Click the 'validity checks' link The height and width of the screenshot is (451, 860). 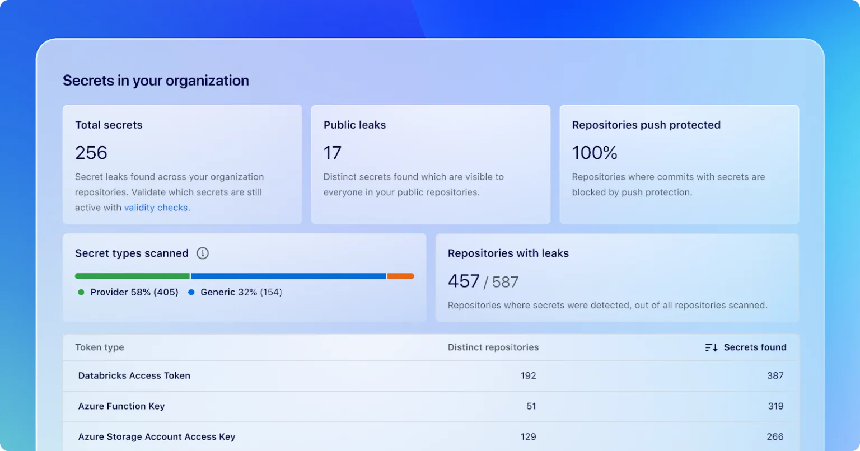156,208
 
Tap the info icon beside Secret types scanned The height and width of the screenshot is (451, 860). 203,253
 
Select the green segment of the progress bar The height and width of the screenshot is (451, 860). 132,276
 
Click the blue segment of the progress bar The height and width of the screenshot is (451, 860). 288,276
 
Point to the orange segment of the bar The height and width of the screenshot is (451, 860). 400,276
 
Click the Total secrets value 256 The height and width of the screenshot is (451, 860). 91,153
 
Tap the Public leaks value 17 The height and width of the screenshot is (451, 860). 333,153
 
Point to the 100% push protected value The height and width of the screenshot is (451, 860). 595,153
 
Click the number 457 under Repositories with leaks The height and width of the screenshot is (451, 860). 464,281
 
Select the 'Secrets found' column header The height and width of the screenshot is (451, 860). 755,347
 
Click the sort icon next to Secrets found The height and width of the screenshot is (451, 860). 711,347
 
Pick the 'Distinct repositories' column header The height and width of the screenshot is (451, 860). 493,347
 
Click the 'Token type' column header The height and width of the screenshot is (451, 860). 100,347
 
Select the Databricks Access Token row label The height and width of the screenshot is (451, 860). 134,376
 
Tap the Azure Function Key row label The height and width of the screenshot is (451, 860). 121,406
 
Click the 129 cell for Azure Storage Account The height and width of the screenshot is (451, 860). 528,436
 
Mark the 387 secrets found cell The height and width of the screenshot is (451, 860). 775,376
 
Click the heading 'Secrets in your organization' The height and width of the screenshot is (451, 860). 156,81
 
